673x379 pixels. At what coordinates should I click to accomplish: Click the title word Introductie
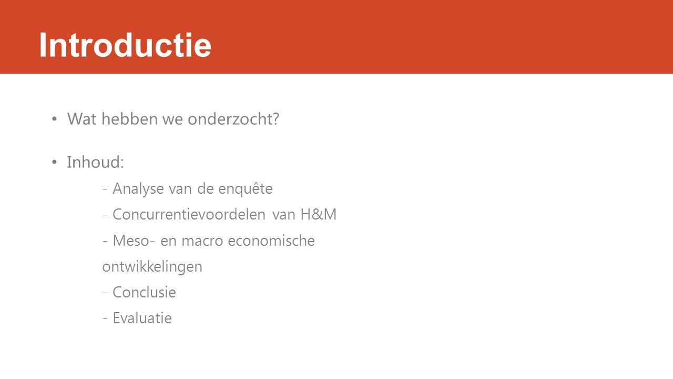click(125, 45)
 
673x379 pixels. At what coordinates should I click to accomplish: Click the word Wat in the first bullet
click(81, 119)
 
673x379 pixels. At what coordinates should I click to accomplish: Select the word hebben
click(130, 118)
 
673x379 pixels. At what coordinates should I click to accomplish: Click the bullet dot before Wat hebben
click(54, 119)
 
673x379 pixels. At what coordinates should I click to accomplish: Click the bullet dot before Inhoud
click(54, 163)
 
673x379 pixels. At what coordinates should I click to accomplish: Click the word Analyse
click(138, 189)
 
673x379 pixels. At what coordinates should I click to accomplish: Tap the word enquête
click(246, 189)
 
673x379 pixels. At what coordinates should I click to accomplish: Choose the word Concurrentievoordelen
click(189, 214)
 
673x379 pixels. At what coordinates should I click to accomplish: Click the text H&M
click(319, 214)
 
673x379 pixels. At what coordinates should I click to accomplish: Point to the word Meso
click(131, 241)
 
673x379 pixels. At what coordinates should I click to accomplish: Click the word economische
click(271, 241)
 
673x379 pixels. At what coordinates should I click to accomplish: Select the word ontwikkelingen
click(152, 267)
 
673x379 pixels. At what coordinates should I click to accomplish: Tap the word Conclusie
click(144, 292)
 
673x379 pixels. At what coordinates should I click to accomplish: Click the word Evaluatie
click(142, 318)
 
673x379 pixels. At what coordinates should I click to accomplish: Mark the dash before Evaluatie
click(105, 318)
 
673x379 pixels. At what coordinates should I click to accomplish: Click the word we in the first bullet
click(173, 119)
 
